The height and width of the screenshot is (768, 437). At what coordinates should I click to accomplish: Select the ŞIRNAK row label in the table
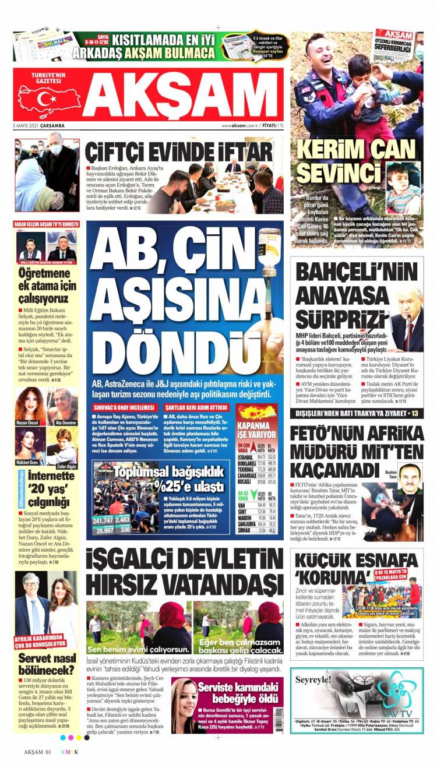click(x=246, y=531)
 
